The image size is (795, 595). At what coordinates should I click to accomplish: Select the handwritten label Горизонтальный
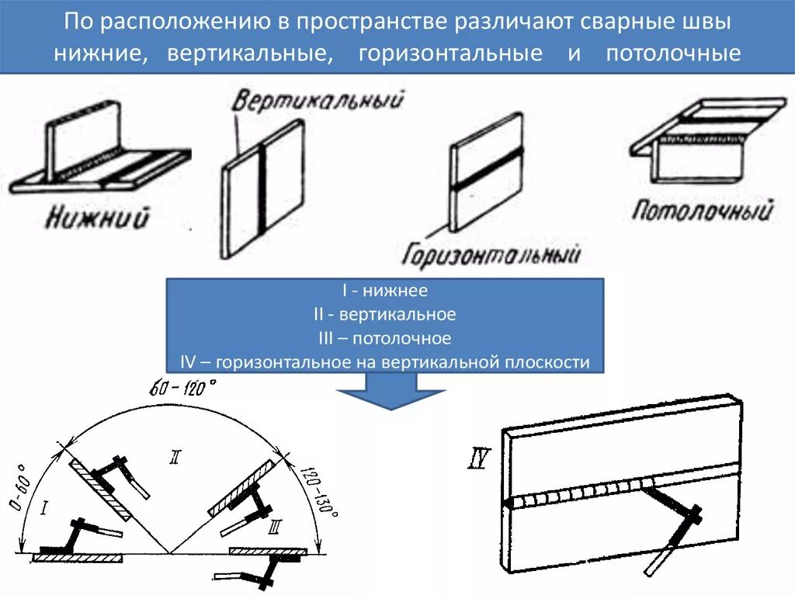coord(491,253)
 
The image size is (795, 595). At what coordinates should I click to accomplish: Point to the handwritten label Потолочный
coord(703,209)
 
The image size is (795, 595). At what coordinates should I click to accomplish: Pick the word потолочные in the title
coord(673,55)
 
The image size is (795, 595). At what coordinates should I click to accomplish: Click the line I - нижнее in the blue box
coord(385,291)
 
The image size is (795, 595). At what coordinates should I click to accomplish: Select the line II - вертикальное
coord(385,315)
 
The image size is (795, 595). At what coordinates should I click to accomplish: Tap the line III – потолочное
coord(385,338)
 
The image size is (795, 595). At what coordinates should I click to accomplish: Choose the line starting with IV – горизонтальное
coord(385,361)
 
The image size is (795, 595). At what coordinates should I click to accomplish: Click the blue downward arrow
coord(391,390)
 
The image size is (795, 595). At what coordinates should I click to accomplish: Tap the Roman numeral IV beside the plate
coord(478,460)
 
